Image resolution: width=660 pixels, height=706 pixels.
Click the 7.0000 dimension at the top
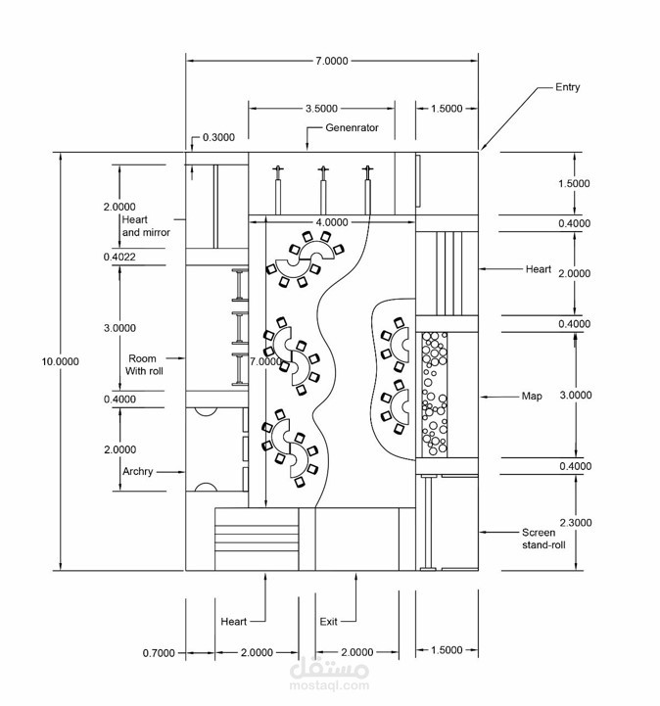(x=331, y=61)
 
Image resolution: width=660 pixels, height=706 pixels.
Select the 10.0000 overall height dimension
(x=60, y=361)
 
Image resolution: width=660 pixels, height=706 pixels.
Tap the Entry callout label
(x=567, y=87)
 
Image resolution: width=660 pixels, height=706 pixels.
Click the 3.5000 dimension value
(x=321, y=109)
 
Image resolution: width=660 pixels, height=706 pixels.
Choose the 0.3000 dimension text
(x=218, y=138)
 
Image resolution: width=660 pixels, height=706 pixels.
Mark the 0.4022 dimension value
(x=119, y=257)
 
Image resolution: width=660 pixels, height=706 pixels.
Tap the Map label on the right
(x=532, y=397)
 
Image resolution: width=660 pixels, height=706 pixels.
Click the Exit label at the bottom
(x=329, y=622)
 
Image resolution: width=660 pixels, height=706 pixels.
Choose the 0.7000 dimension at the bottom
(x=158, y=652)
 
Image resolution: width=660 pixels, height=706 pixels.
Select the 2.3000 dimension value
(x=574, y=523)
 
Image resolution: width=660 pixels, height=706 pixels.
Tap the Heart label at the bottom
(x=233, y=622)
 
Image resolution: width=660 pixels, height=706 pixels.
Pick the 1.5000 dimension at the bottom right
(x=446, y=650)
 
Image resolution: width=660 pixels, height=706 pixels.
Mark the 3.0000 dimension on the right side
(x=574, y=396)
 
